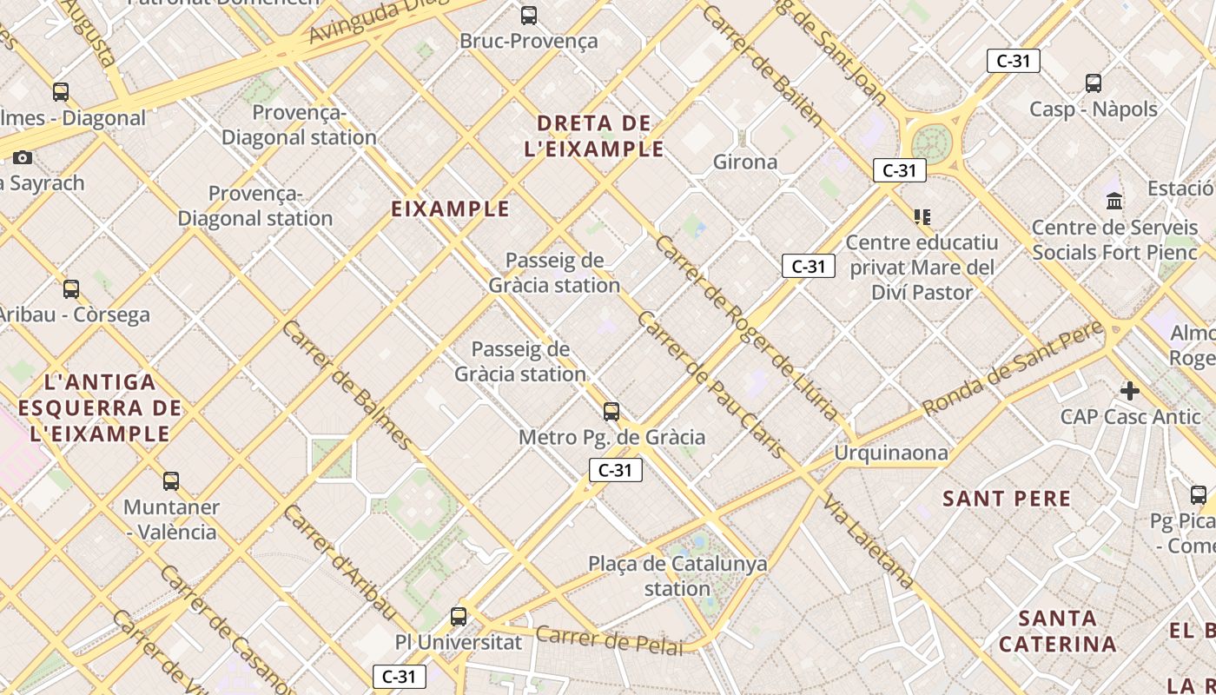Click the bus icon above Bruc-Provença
[528, 15]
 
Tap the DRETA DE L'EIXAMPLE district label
[594, 136]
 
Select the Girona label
[745, 162]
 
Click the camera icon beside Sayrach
[23, 157]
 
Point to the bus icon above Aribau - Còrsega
[71, 289]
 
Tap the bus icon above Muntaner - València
[171, 481]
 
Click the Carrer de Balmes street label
[347, 385]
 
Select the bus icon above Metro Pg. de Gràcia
[611, 412]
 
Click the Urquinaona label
[891, 453]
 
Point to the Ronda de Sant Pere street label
[1013, 368]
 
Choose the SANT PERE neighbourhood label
[1007, 499]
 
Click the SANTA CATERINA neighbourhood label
[1057, 632]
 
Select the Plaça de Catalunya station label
[677, 576]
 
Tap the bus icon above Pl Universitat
[459, 617]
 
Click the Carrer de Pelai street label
[609, 639]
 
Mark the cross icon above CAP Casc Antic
[1129, 391]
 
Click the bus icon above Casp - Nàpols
[1094, 83]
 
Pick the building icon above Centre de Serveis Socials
[1114, 202]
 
